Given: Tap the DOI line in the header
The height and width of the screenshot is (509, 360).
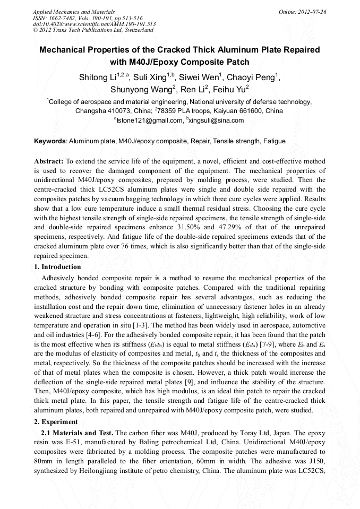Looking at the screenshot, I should [94, 24].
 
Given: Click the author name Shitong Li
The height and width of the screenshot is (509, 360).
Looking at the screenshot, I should [98, 77].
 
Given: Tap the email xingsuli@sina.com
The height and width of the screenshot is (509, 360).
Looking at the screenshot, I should [215, 121].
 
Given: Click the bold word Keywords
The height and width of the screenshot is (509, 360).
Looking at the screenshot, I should [50, 142].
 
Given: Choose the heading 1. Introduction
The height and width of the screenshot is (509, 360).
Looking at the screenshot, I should [57, 267].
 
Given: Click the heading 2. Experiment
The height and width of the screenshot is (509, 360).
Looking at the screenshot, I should [56, 422].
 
